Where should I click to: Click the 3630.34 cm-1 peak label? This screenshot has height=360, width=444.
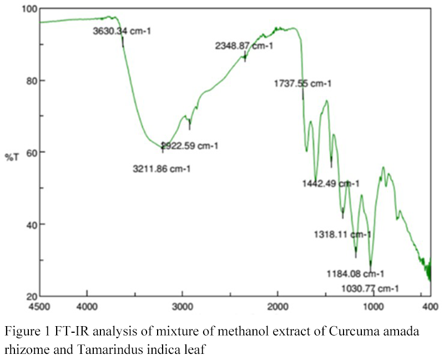[122, 31]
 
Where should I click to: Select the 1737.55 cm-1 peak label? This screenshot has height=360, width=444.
[302, 84]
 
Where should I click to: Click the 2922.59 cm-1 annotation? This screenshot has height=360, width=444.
[190, 146]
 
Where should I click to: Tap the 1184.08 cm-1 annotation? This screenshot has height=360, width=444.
[356, 273]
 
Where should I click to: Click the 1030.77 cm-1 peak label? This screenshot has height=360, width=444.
[370, 288]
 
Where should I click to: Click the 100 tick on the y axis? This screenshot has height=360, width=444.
[28, 9]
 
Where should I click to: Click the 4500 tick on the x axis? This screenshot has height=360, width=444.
[41, 306]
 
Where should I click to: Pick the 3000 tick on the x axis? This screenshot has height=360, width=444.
[182, 306]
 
